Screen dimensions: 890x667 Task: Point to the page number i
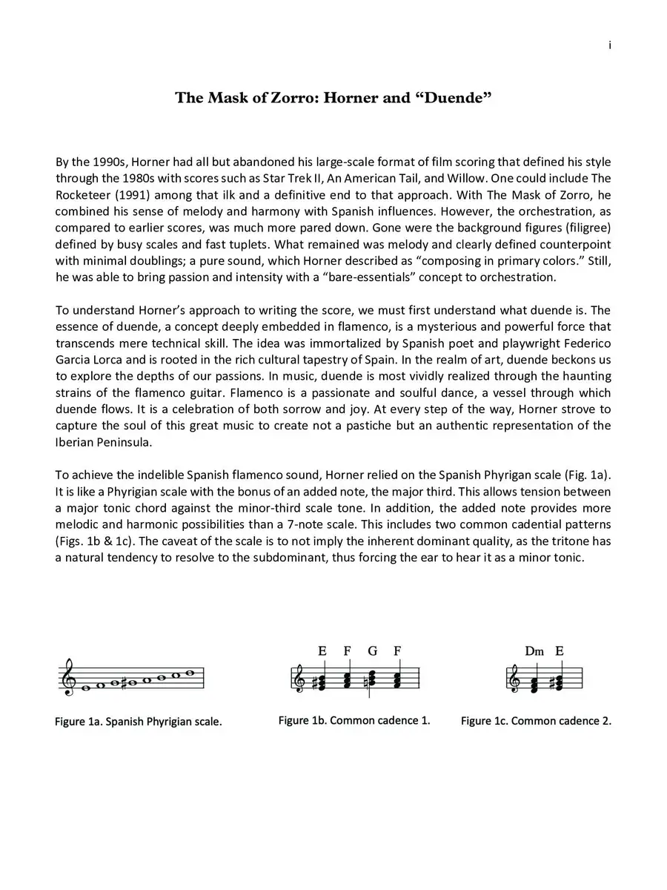(609, 46)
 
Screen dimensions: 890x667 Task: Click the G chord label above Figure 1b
(372, 651)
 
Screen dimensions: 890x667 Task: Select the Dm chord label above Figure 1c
(534, 651)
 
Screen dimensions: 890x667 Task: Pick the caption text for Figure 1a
(138, 721)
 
